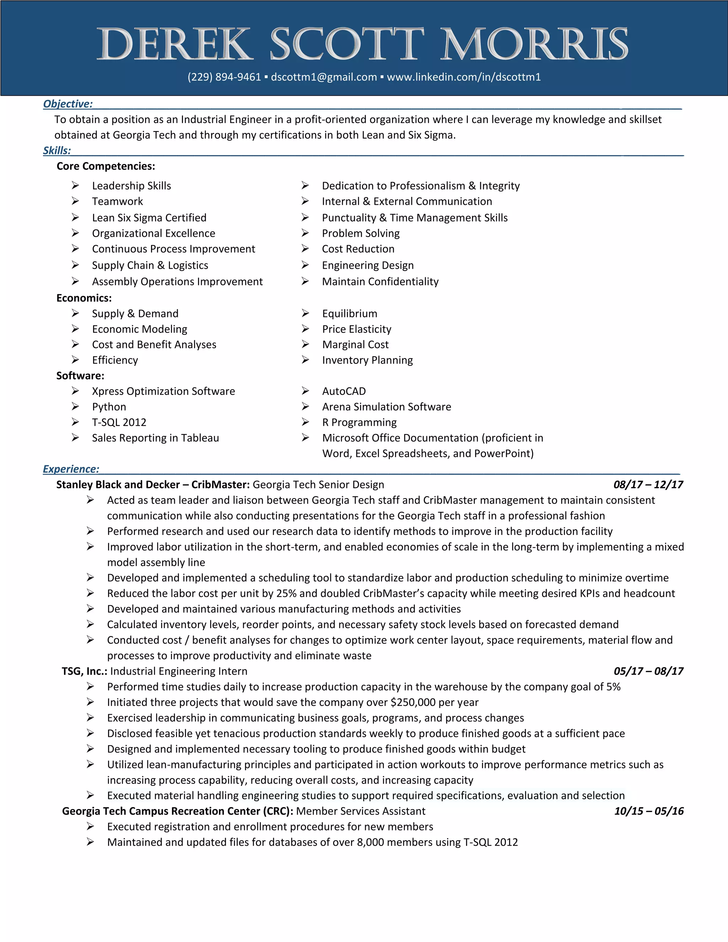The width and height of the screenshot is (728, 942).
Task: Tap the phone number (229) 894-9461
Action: tap(224, 77)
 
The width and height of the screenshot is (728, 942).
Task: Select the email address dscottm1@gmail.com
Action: tap(324, 77)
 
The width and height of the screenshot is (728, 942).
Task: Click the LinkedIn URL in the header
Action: tap(464, 77)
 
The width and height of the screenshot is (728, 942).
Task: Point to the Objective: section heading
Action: tap(68, 104)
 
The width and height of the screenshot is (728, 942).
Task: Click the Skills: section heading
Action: tap(57, 150)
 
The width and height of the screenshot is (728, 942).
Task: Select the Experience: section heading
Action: tap(71, 469)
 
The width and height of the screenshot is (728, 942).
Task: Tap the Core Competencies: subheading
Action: tap(106, 166)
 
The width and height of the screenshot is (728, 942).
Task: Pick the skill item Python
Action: tap(109, 407)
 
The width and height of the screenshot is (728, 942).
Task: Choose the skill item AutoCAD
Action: tap(344, 391)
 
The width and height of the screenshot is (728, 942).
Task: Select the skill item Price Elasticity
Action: tap(357, 329)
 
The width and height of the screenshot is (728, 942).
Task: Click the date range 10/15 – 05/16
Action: tap(649, 811)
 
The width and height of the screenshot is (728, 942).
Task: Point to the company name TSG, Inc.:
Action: tap(85, 671)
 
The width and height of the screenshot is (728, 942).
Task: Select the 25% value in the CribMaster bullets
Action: tap(287, 594)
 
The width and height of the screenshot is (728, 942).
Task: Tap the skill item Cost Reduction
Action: tap(358, 249)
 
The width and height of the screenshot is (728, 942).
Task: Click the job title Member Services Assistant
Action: tap(360, 811)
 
